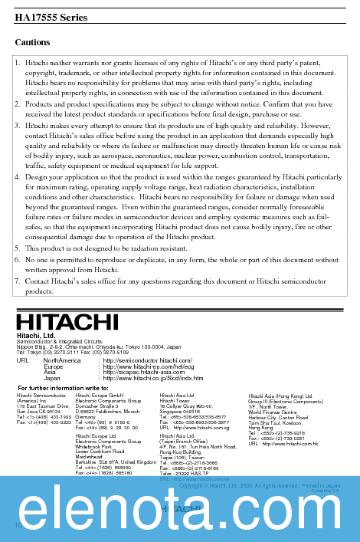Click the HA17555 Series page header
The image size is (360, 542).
51,17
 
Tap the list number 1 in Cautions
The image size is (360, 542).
18,61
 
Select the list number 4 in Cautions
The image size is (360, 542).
18,177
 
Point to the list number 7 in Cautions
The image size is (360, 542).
18,281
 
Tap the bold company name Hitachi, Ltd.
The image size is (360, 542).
36,335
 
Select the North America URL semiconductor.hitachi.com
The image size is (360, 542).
147,360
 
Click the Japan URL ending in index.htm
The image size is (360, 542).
152,378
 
